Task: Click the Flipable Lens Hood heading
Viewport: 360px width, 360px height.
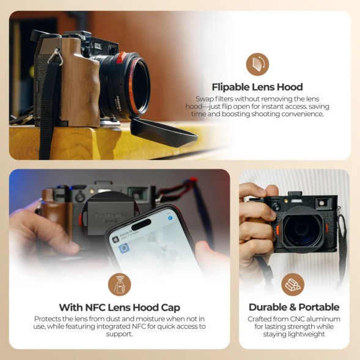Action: (x=257, y=87)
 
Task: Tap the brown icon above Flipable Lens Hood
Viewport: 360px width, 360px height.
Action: (x=257, y=64)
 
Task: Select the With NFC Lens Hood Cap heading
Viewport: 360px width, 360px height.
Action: (x=119, y=307)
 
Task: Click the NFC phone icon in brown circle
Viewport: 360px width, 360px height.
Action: (x=120, y=284)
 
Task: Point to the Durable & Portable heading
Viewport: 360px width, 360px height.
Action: (x=293, y=307)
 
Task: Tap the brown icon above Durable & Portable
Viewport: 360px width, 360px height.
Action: (x=293, y=284)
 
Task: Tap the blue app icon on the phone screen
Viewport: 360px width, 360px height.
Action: (x=123, y=248)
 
